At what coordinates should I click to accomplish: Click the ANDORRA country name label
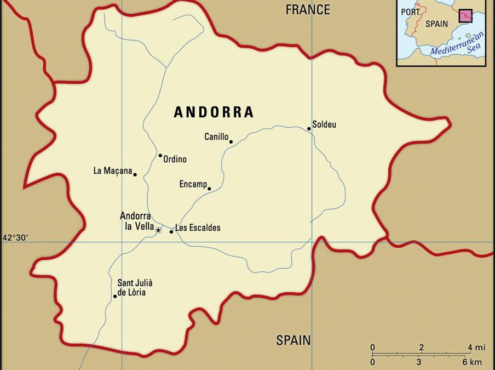click(x=214, y=112)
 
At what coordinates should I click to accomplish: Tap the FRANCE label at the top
click(x=308, y=10)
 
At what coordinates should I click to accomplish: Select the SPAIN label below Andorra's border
click(x=293, y=340)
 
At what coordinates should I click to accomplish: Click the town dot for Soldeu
click(x=309, y=129)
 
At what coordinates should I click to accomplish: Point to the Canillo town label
click(x=216, y=136)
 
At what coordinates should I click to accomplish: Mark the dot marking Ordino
click(x=160, y=156)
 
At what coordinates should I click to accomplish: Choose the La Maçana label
click(x=113, y=171)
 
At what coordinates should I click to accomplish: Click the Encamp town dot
click(x=209, y=189)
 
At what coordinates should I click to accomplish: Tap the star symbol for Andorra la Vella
click(x=158, y=230)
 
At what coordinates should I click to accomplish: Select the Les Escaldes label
click(x=198, y=228)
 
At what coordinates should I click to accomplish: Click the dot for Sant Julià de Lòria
click(x=115, y=296)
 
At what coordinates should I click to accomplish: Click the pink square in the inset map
click(x=465, y=16)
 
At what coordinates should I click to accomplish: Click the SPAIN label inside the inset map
click(x=436, y=24)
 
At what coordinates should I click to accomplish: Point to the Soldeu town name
click(x=324, y=124)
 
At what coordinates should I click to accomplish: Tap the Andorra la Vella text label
click(x=136, y=221)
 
